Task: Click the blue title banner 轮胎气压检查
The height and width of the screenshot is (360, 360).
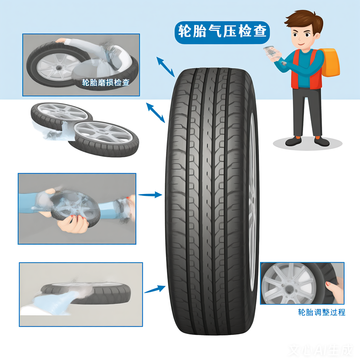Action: click(222, 32)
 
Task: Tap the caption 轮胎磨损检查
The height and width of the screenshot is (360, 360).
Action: click(106, 82)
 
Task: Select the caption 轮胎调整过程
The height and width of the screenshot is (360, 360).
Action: click(321, 312)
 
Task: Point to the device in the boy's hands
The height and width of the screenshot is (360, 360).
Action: click(272, 52)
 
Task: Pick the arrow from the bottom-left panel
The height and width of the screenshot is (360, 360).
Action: click(155, 289)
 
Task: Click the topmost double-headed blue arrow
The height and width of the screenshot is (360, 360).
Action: click(165, 67)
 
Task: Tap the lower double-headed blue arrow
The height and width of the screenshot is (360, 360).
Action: click(155, 113)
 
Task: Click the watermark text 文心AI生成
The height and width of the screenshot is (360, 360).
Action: click(321, 351)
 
